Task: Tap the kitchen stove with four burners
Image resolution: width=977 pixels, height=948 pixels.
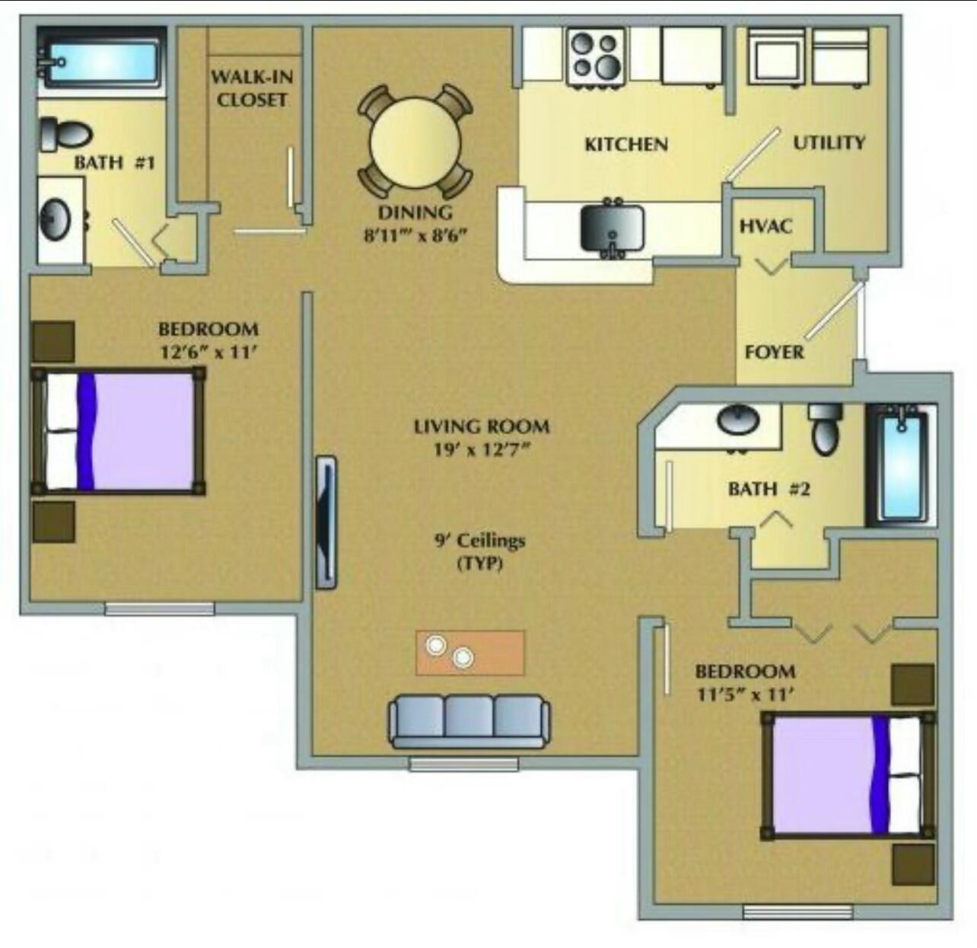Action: coord(597,56)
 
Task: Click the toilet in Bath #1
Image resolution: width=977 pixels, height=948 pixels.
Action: coord(64,133)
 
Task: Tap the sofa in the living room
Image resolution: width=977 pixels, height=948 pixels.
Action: coord(469,721)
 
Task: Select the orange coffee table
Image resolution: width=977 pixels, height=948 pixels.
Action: coord(470,652)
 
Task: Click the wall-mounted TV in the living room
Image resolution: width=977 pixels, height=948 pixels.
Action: coord(326,522)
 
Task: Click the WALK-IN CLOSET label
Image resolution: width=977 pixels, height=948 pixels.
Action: coord(251,88)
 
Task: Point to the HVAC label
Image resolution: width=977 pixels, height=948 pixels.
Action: coord(765,226)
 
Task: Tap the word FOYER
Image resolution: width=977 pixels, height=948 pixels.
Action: coord(774,352)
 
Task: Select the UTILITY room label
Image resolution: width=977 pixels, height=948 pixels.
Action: coord(829,142)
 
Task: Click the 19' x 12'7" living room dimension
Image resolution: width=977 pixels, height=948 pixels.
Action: coord(481,449)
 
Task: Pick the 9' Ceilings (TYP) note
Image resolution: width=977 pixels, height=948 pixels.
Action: coord(480,552)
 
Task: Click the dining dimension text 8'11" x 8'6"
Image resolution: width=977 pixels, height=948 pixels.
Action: coord(415,234)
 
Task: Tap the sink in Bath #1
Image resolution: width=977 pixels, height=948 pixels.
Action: coord(55,220)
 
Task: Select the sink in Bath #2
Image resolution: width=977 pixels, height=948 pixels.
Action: coord(738,420)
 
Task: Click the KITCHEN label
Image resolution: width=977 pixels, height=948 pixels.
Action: coord(626,144)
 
